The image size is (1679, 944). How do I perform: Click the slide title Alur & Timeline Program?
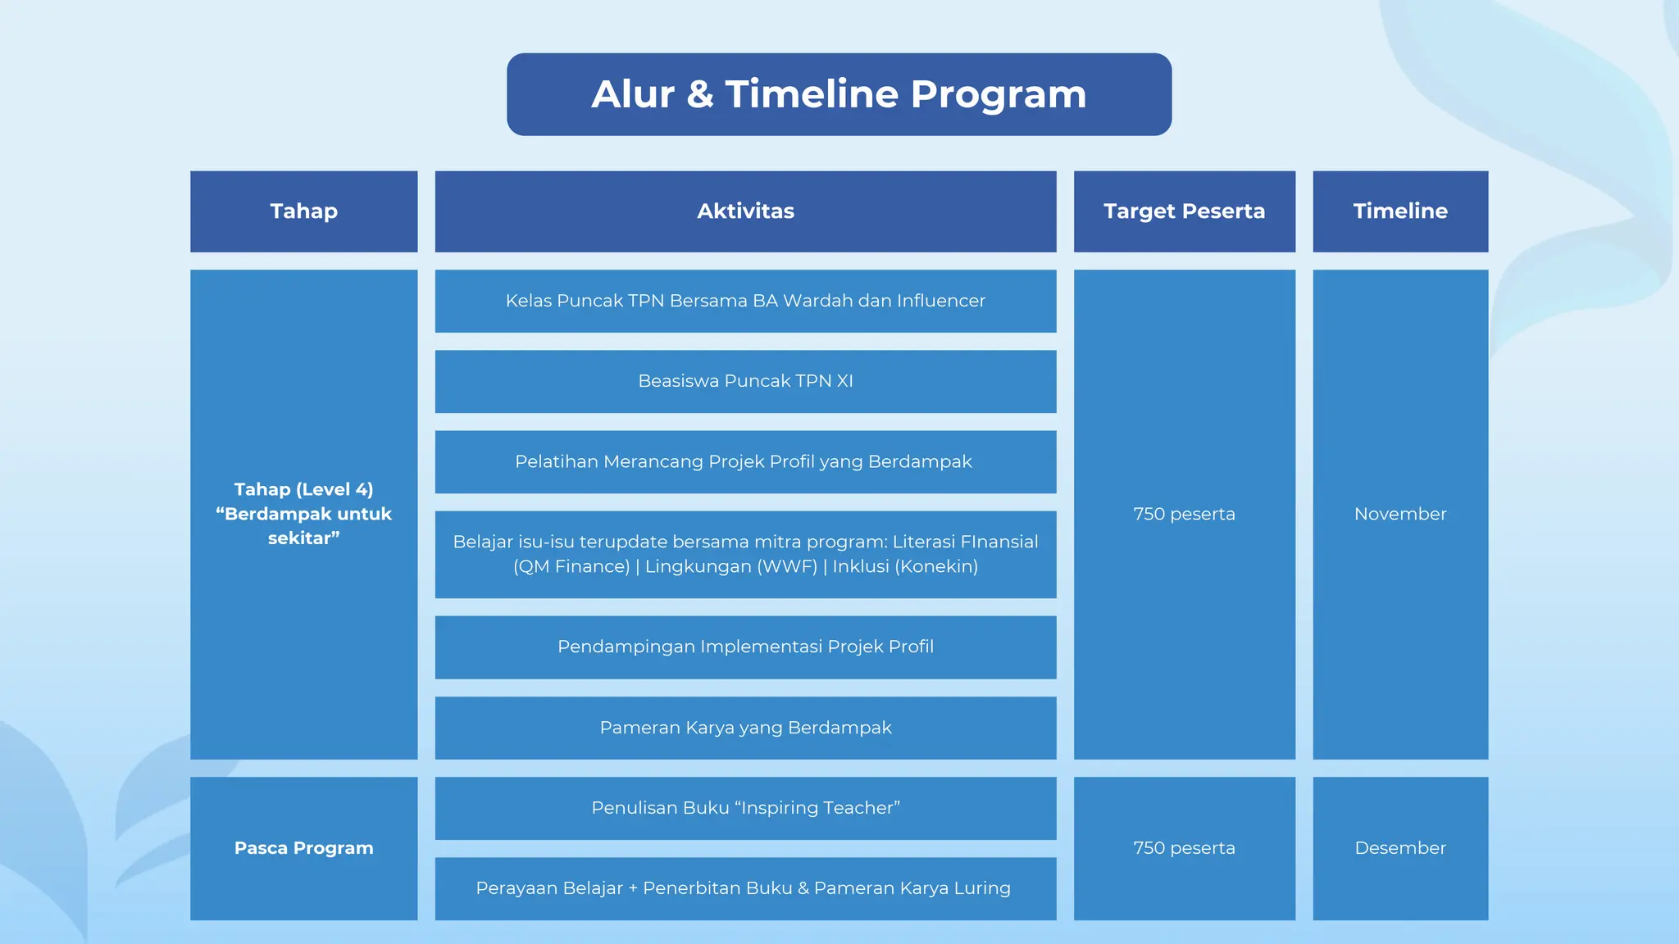click(x=839, y=94)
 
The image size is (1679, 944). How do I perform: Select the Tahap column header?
click(x=303, y=211)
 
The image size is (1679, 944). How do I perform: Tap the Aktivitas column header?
click(x=745, y=211)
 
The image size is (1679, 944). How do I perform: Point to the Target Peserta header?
click(x=1184, y=211)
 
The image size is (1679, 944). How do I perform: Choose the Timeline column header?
click(x=1399, y=211)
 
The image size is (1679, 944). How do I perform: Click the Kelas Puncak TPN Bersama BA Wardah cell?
click(x=745, y=301)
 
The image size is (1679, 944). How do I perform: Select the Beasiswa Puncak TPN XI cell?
click(x=745, y=381)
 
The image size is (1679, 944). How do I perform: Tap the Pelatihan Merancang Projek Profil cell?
click(x=744, y=461)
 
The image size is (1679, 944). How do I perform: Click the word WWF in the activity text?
click(x=788, y=566)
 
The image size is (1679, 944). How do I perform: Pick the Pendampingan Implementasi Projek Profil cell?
click(x=745, y=647)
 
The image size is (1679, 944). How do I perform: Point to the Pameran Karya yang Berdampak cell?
click(x=745, y=728)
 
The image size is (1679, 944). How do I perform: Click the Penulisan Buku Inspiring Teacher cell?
click(x=745, y=808)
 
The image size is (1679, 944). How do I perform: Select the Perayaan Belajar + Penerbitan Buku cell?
click(x=743, y=888)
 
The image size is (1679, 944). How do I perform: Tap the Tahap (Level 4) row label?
click(x=303, y=514)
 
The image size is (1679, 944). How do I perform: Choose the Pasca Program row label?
click(x=303, y=848)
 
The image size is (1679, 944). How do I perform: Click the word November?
click(x=1399, y=514)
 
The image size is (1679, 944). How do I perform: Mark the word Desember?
click(x=1399, y=848)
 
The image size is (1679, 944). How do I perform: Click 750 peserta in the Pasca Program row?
click(x=1184, y=848)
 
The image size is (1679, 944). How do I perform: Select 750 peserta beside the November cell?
click(x=1184, y=514)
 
